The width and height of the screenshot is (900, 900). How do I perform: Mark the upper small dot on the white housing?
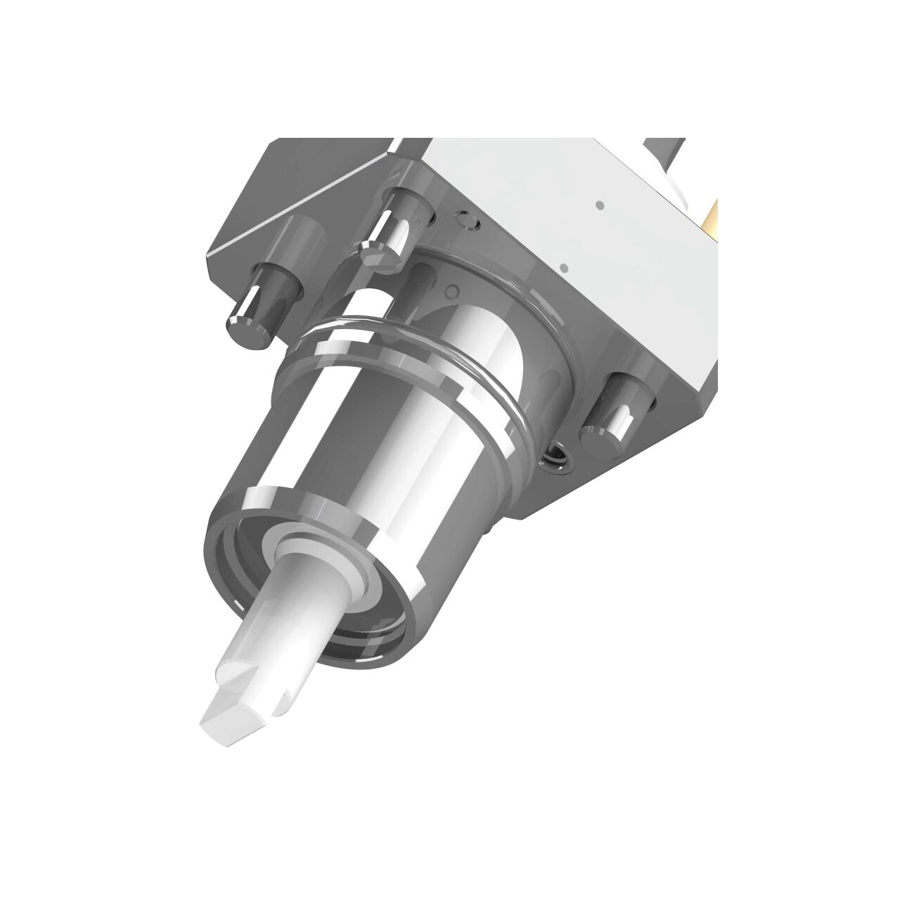(599, 205)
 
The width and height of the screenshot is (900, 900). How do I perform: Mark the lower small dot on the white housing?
(563, 268)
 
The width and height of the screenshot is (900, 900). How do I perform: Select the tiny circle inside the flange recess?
(454, 290)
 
